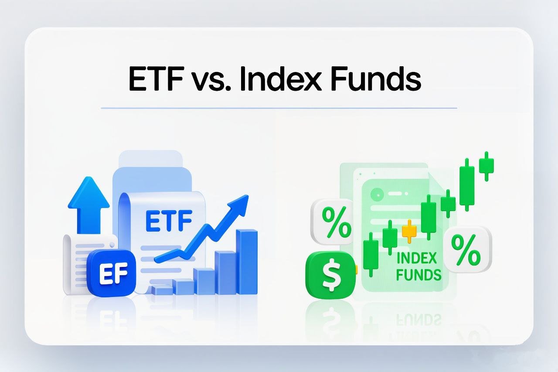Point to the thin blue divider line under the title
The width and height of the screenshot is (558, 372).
(x=279, y=109)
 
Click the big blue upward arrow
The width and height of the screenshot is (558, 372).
(x=88, y=205)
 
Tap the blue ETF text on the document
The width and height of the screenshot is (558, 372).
(x=168, y=221)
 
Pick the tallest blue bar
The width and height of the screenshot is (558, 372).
(x=247, y=262)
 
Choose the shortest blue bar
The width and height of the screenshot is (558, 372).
(x=162, y=290)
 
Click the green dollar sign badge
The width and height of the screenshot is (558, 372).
(x=330, y=275)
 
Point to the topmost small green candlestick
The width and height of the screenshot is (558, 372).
(x=486, y=166)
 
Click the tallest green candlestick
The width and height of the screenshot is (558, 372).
(x=467, y=184)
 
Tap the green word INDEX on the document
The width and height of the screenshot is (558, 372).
(x=416, y=258)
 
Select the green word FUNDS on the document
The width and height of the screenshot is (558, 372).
(x=418, y=275)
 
